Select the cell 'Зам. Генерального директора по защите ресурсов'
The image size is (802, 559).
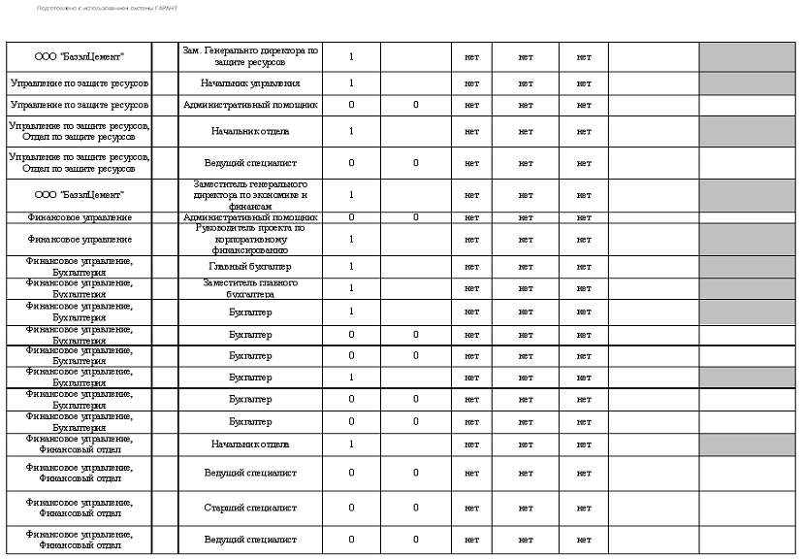click(250, 56)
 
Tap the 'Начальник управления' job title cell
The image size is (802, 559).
click(250, 83)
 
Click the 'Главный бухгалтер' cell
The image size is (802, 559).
click(250, 266)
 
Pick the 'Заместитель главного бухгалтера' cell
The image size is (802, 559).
click(250, 288)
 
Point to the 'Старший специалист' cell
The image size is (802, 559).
click(250, 508)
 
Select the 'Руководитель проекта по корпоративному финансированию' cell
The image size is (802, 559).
click(250, 239)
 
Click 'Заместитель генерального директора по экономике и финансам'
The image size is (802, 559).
click(250, 195)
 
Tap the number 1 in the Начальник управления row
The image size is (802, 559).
click(351, 83)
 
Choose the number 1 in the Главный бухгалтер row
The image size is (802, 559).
click(351, 266)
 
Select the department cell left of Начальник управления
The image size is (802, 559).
click(80, 83)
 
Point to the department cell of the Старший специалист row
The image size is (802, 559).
click(80, 508)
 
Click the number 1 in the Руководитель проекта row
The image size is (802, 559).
click(351, 239)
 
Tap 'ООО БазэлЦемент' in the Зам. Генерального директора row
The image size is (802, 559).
click(80, 56)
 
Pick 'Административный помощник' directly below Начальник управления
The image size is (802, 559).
click(250, 104)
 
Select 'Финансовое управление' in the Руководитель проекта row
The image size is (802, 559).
click(80, 239)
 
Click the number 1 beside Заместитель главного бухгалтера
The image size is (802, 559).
click(351, 288)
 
